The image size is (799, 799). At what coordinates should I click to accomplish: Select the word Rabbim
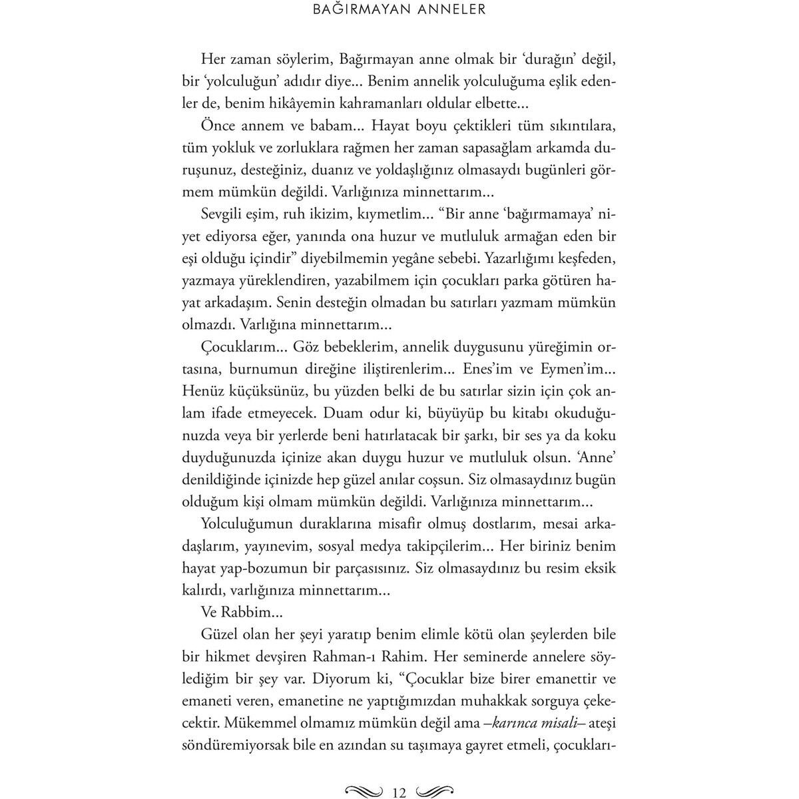(x=242, y=612)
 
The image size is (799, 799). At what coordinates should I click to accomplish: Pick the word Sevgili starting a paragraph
(x=224, y=214)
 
